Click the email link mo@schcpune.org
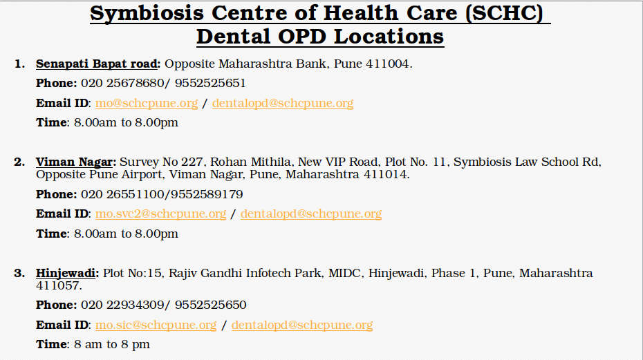[147, 104]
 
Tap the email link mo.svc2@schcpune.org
[160, 214]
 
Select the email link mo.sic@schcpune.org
[156, 325]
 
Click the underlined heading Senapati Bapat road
[97, 64]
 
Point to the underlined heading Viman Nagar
[74, 162]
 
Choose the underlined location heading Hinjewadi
[66, 274]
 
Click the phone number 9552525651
[210, 83]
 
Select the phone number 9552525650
[210, 305]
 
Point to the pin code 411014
[385, 175]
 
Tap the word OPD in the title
[302, 37]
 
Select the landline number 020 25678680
[122, 83]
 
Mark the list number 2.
[19, 162]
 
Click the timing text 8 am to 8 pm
[112, 345]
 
